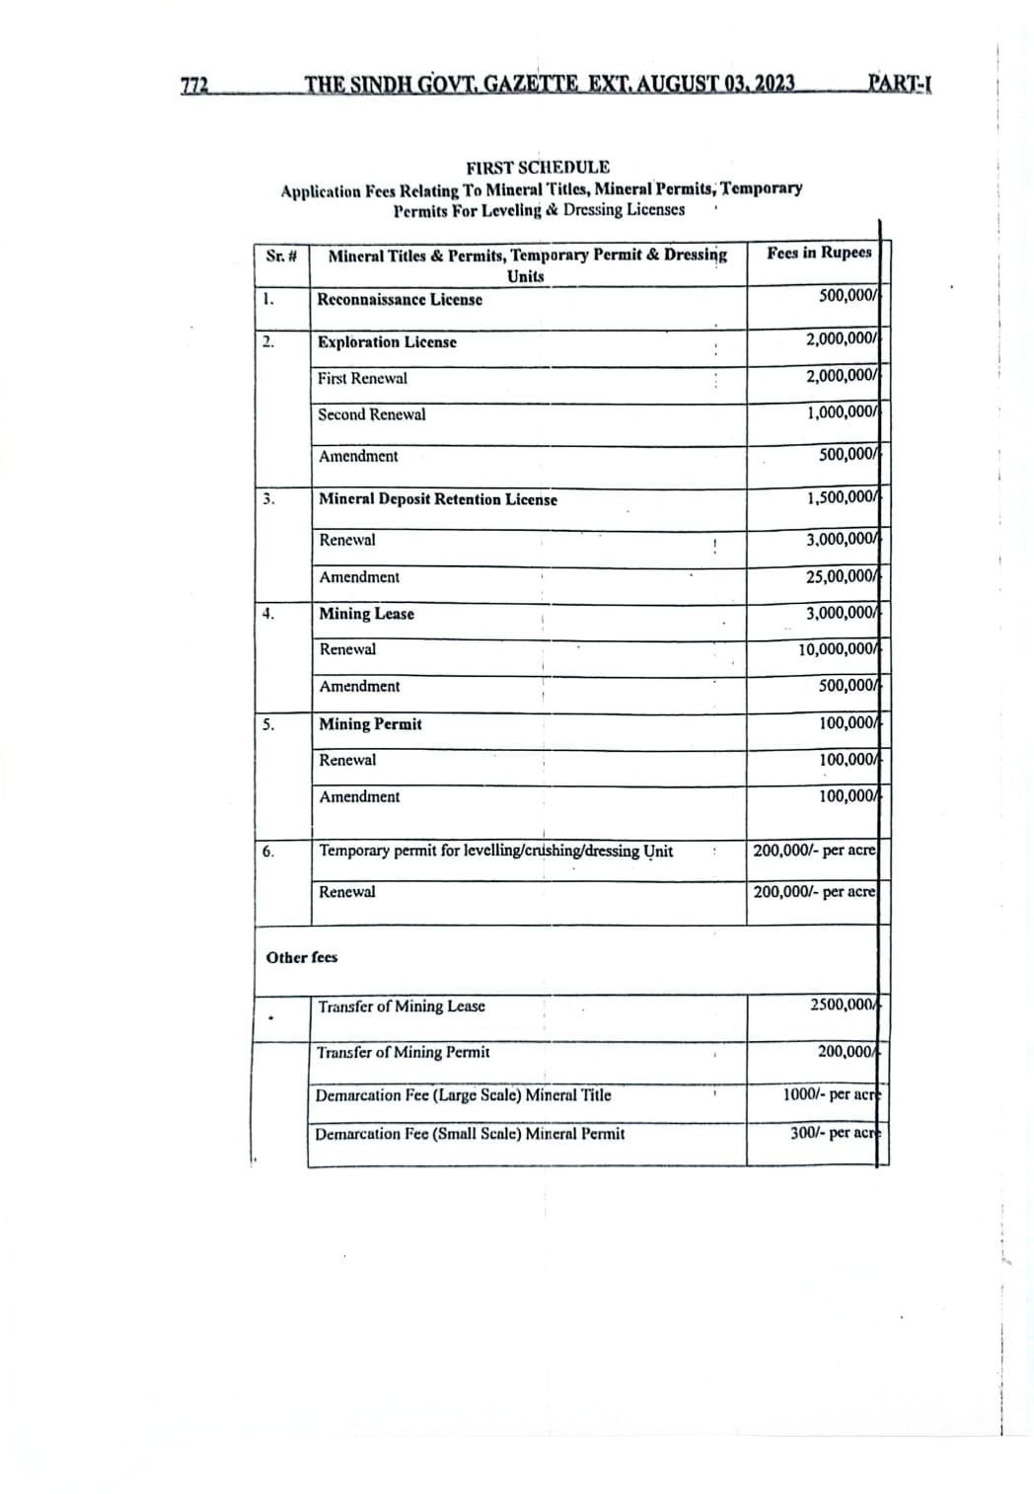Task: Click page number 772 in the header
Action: tap(195, 86)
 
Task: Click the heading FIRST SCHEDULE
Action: tap(538, 167)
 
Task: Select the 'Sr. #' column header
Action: tap(281, 256)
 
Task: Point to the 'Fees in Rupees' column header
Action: tap(819, 253)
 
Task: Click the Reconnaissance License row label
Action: tap(400, 299)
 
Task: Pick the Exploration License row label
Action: tap(387, 342)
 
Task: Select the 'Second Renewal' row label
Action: tap(371, 414)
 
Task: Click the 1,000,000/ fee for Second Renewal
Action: tap(842, 412)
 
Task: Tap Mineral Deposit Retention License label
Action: tap(437, 499)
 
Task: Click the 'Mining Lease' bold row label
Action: tap(366, 614)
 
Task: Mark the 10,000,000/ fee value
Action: tap(838, 648)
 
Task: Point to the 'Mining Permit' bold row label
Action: tap(370, 724)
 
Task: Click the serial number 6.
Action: tap(268, 851)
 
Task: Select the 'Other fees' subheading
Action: tap(301, 957)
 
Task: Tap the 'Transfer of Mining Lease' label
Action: tap(402, 1007)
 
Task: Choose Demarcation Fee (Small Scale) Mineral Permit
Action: tap(470, 1134)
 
